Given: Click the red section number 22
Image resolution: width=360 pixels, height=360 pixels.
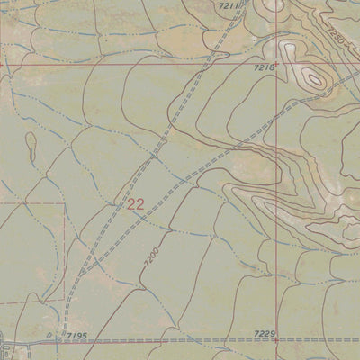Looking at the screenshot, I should click(136, 204).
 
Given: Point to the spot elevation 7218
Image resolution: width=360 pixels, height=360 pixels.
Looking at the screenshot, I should click(263, 68).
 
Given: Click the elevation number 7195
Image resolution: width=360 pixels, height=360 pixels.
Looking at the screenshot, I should click(76, 335).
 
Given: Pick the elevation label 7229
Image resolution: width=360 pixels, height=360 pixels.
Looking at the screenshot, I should click(264, 333).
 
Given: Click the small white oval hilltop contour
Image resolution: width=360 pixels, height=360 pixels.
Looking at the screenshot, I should click(314, 78).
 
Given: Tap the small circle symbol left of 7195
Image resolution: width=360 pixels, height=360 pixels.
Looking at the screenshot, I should click(49, 336).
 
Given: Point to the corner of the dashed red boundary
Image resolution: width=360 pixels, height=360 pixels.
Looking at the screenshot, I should click(64, 203).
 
